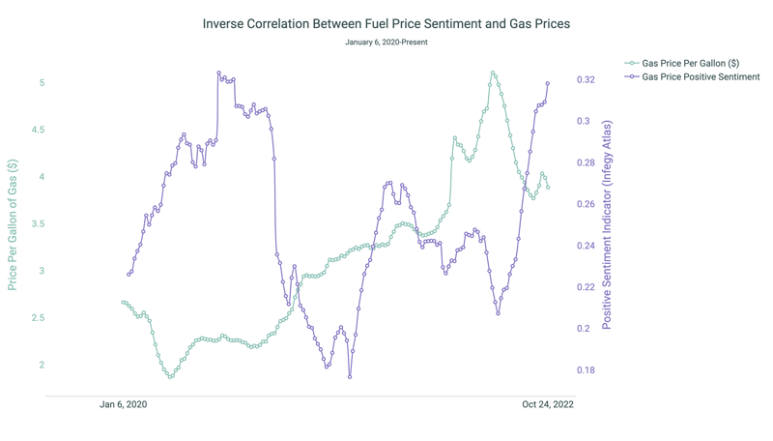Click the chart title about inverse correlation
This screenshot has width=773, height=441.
pyautogui.click(x=386, y=23)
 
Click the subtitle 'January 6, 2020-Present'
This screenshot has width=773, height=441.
pyautogui.click(x=386, y=43)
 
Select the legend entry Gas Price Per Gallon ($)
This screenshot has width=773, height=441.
pyautogui.click(x=690, y=63)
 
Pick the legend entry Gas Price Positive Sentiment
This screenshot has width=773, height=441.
pyautogui.click(x=701, y=76)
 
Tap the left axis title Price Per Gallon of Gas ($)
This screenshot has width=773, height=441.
pyautogui.click(x=13, y=225)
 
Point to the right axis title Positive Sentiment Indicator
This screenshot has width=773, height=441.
pyautogui.click(x=608, y=225)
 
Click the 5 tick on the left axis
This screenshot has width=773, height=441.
pyautogui.click(x=42, y=83)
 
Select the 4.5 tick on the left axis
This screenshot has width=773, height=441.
pyautogui.click(x=39, y=130)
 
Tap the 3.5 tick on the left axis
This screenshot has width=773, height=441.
pyautogui.click(x=39, y=223)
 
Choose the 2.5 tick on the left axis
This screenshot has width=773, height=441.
pyautogui.click(x=39, y=317)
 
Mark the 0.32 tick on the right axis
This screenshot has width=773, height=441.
pyautogui.click(x=587, y=79)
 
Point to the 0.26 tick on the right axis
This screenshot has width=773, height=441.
pyautogui.click(x=587, y=204)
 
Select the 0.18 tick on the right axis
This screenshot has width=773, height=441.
pyautogui.click(x=587, y=370)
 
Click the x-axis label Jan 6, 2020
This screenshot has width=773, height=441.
pyautogui.click(x=124, y=404)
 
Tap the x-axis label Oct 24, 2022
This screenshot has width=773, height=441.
pyautogui.click(x=548, y=404)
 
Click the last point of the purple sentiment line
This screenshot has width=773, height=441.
pyautogui.click(x=548, y=84)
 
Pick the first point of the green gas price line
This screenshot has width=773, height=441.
pyautogui.click(x=123, y=303)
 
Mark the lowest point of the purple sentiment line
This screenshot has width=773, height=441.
pyautogui.click(x=350, y=377)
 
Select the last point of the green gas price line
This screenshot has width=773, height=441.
pyautogui.click(x=548, y=188)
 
